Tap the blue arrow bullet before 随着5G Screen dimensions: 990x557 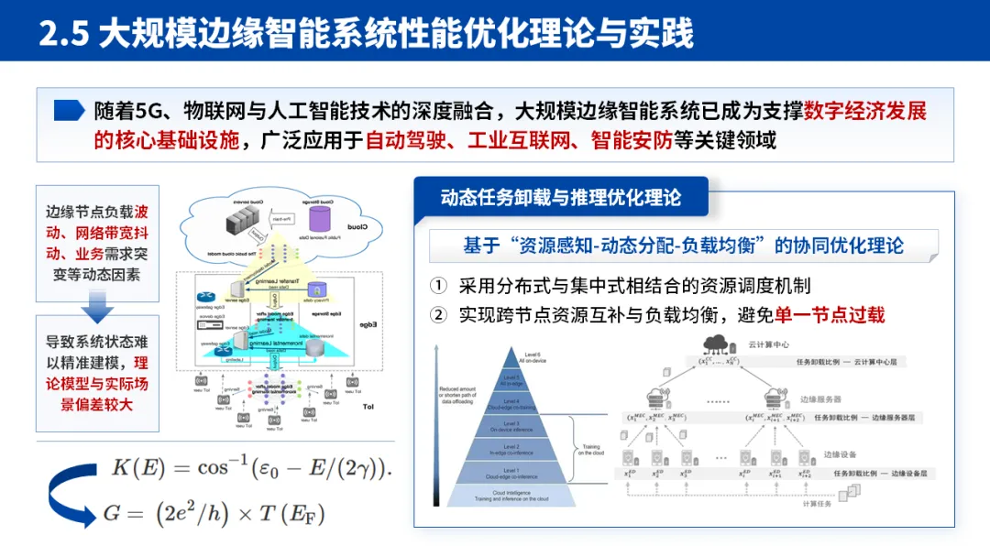click(x=70, y=111)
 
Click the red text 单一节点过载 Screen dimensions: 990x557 click(x=830, y=315)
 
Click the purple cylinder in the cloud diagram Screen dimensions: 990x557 click(x=320, y=218)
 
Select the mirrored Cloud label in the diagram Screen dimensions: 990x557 click(x=357, y=226)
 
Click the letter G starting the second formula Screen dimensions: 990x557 click(x=112, y=513)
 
